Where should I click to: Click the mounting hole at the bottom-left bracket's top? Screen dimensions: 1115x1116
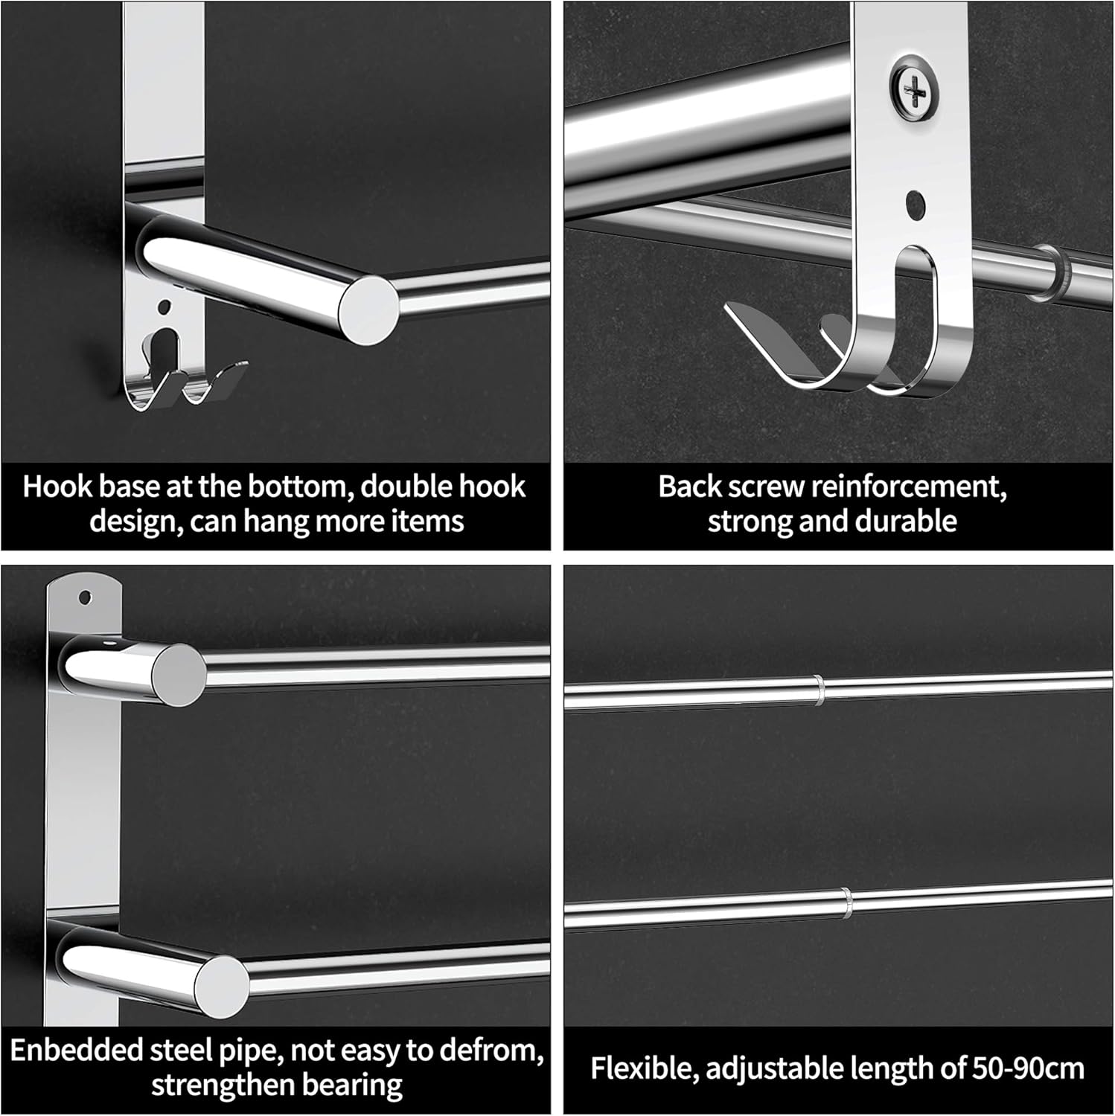[88, 597]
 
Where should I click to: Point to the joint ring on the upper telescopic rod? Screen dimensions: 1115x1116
[819, 690]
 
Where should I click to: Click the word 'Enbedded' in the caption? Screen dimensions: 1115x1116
[76, 1051]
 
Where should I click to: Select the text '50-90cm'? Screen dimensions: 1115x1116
[1028, 1069]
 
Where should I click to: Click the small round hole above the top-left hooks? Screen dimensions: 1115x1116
[164, 306]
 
